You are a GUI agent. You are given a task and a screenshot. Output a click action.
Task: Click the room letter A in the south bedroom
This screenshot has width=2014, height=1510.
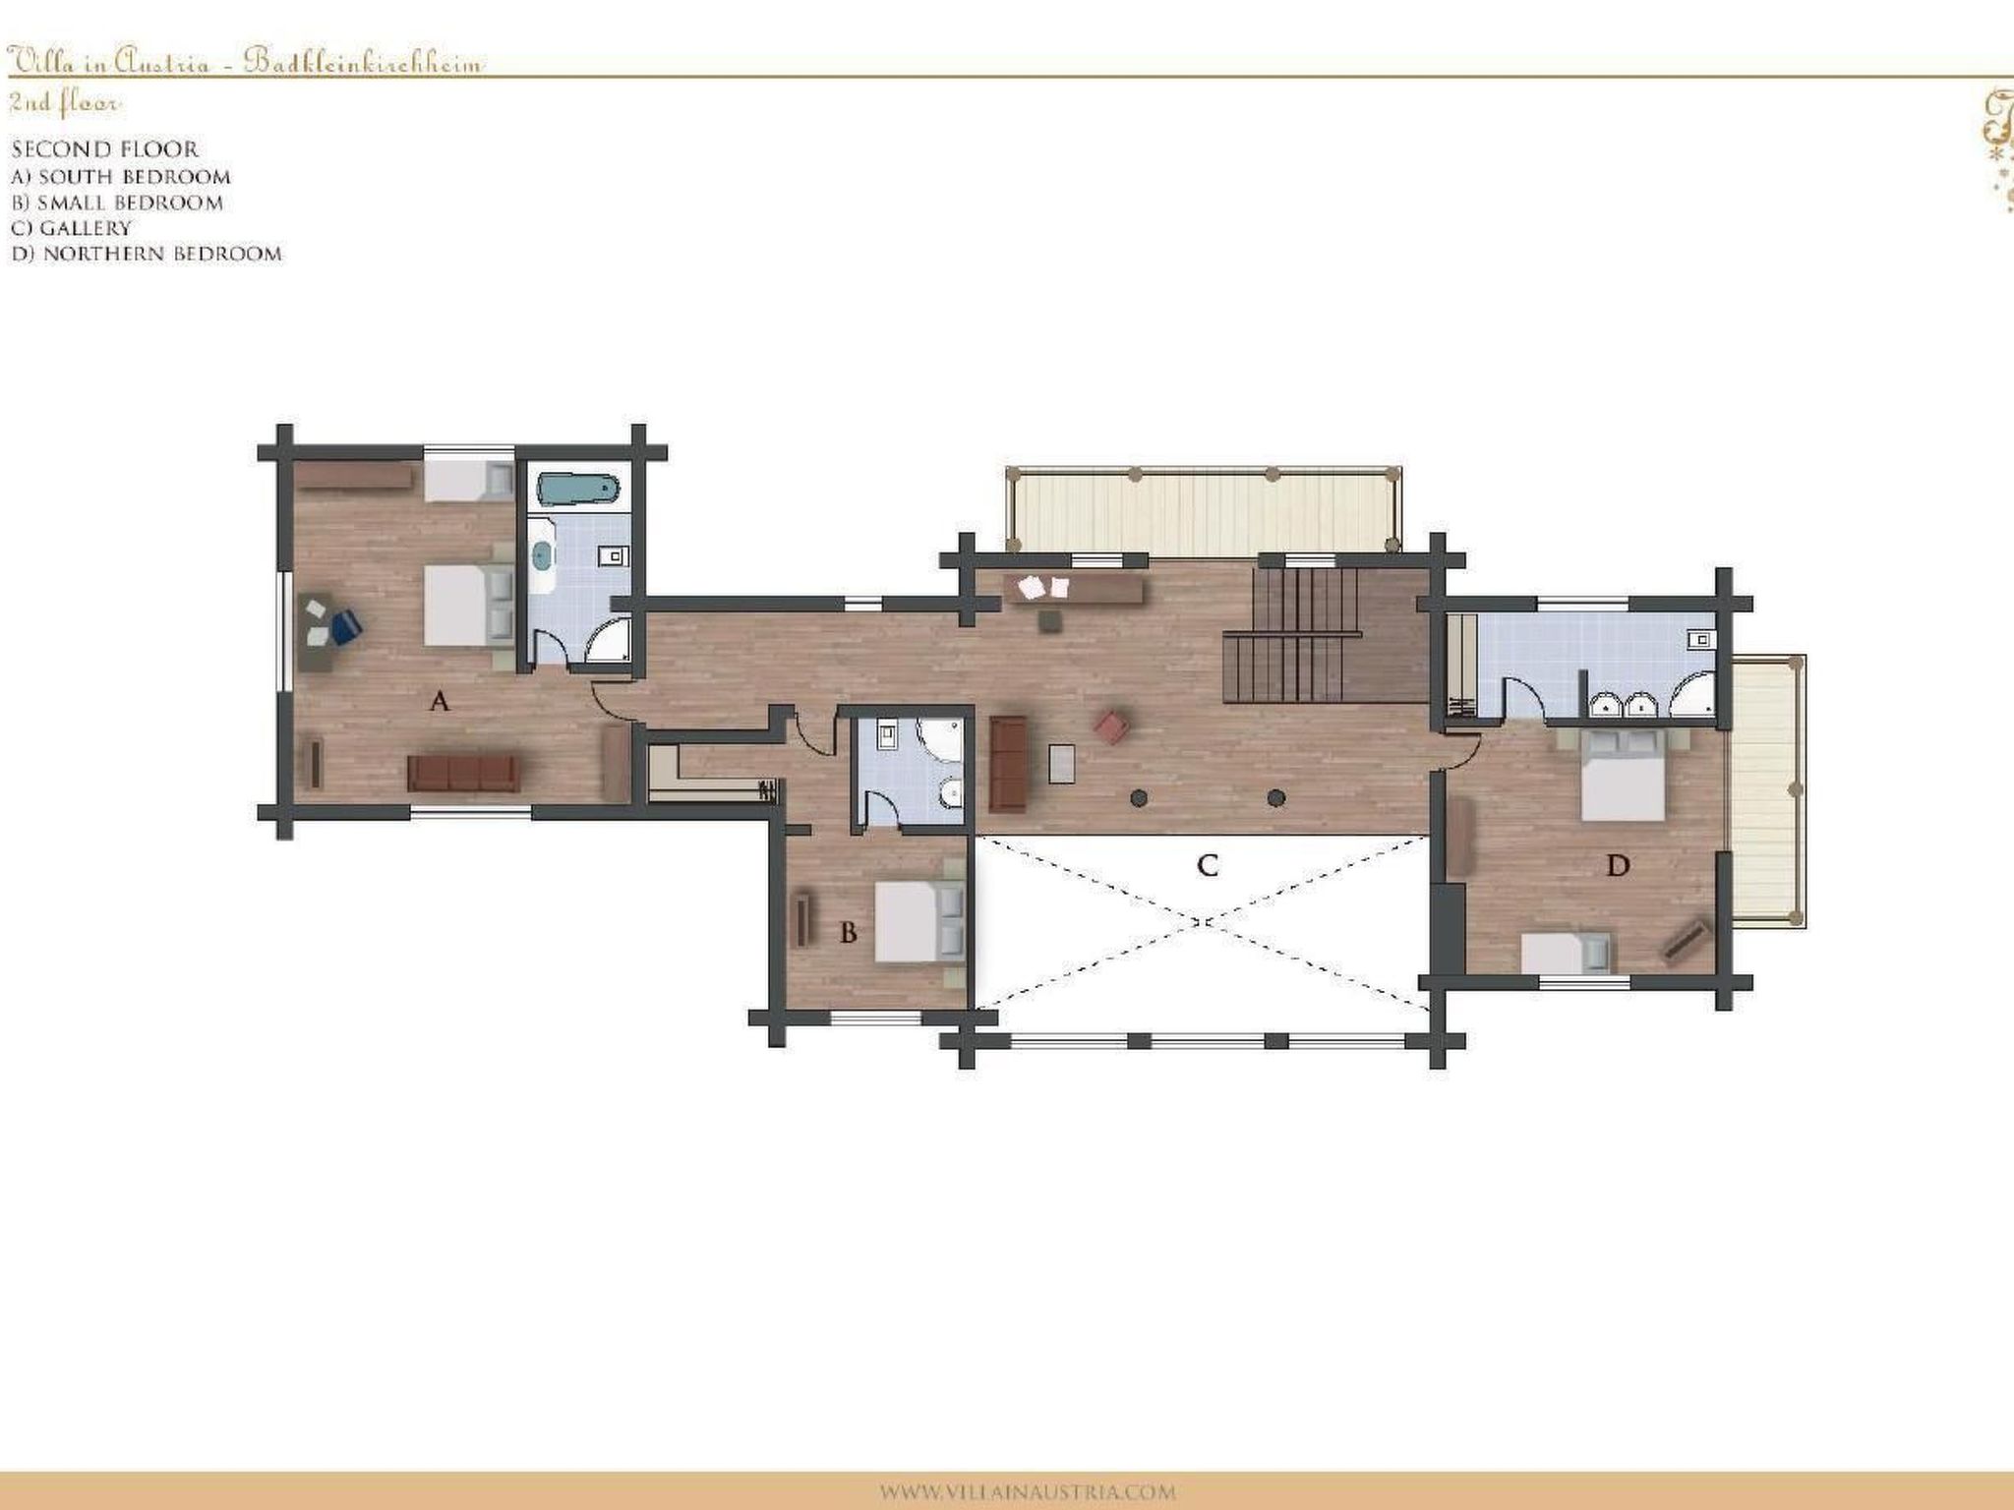pos(440,702)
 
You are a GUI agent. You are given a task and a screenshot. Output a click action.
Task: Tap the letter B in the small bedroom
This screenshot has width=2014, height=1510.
pos(849,932)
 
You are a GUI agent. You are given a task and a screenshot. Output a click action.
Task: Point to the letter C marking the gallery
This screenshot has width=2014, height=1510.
pos(1208,866)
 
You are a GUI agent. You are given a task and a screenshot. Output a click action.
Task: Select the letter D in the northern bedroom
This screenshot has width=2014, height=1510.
pos(1618,866)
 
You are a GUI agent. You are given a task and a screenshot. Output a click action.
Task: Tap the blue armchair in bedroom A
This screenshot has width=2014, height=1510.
pos(345,627)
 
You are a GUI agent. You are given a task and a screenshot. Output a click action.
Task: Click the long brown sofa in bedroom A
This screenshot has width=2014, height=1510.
pos(463,774)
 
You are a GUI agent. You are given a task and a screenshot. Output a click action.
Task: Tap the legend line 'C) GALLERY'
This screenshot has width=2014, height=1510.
pos(71,228)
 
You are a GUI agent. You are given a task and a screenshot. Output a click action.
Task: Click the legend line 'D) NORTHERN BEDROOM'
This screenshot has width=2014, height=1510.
pos(147,254)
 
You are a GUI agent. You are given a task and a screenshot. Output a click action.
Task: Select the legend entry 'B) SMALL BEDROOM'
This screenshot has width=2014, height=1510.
pos(117,203)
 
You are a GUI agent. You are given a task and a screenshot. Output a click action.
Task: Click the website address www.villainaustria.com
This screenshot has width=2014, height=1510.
pos(1027,1491)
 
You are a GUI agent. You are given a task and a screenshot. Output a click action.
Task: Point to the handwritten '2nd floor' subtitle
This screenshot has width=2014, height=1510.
pos(65,102)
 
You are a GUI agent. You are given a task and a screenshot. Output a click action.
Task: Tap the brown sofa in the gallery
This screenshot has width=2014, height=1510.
pos(1008,763)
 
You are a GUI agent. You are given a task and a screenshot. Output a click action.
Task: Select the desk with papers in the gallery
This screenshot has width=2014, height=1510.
pos(1073,589)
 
